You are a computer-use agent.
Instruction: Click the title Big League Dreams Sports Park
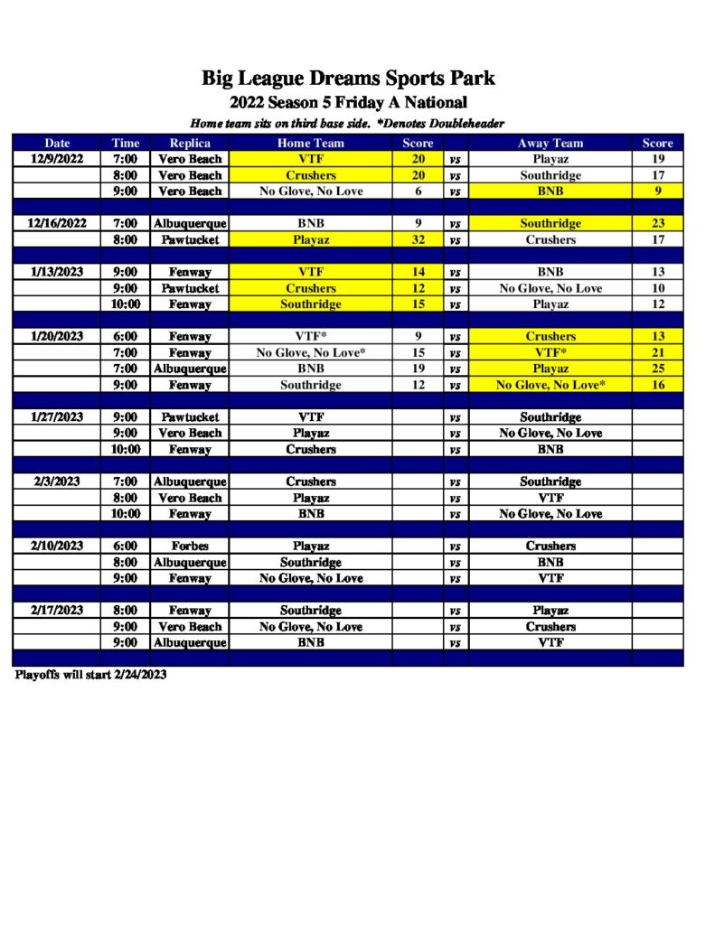coord(348,79)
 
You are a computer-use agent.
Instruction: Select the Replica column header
coord(190,143)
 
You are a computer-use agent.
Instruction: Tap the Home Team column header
coord(310,143)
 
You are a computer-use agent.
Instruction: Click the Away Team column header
coord(550,143)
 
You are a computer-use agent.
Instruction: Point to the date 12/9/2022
coord(56,159)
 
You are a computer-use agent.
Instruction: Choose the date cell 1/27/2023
coord(56,417)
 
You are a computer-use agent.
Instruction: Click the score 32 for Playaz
coord(418,240)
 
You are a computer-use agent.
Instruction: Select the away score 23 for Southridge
coord(657,224)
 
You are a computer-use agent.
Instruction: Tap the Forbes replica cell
coord(190,547)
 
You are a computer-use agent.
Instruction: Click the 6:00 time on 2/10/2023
coord(125,547)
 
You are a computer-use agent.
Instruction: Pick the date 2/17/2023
coord(56,611)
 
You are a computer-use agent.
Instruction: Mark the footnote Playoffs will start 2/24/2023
coord(90,675)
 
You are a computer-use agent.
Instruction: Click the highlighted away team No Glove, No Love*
coord(550,385)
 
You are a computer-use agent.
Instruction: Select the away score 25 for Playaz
coord(657,369)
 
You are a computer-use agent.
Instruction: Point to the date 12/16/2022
coord(56,224)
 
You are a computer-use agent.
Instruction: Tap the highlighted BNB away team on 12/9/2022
coord(550,192)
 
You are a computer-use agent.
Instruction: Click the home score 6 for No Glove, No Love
coord(418,192)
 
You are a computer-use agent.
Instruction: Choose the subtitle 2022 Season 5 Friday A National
coord(348,103)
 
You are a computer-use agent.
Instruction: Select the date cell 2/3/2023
coord(56,481)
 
